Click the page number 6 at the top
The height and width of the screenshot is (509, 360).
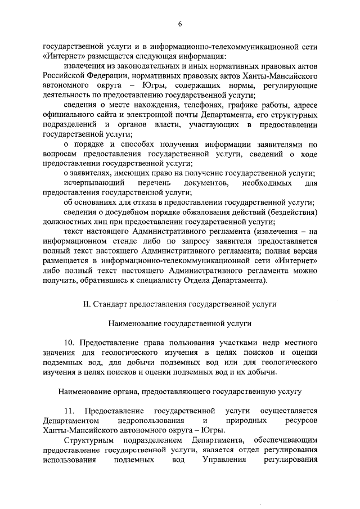[x=180, y=24]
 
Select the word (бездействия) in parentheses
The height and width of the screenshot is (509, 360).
[x=287, y=212]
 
